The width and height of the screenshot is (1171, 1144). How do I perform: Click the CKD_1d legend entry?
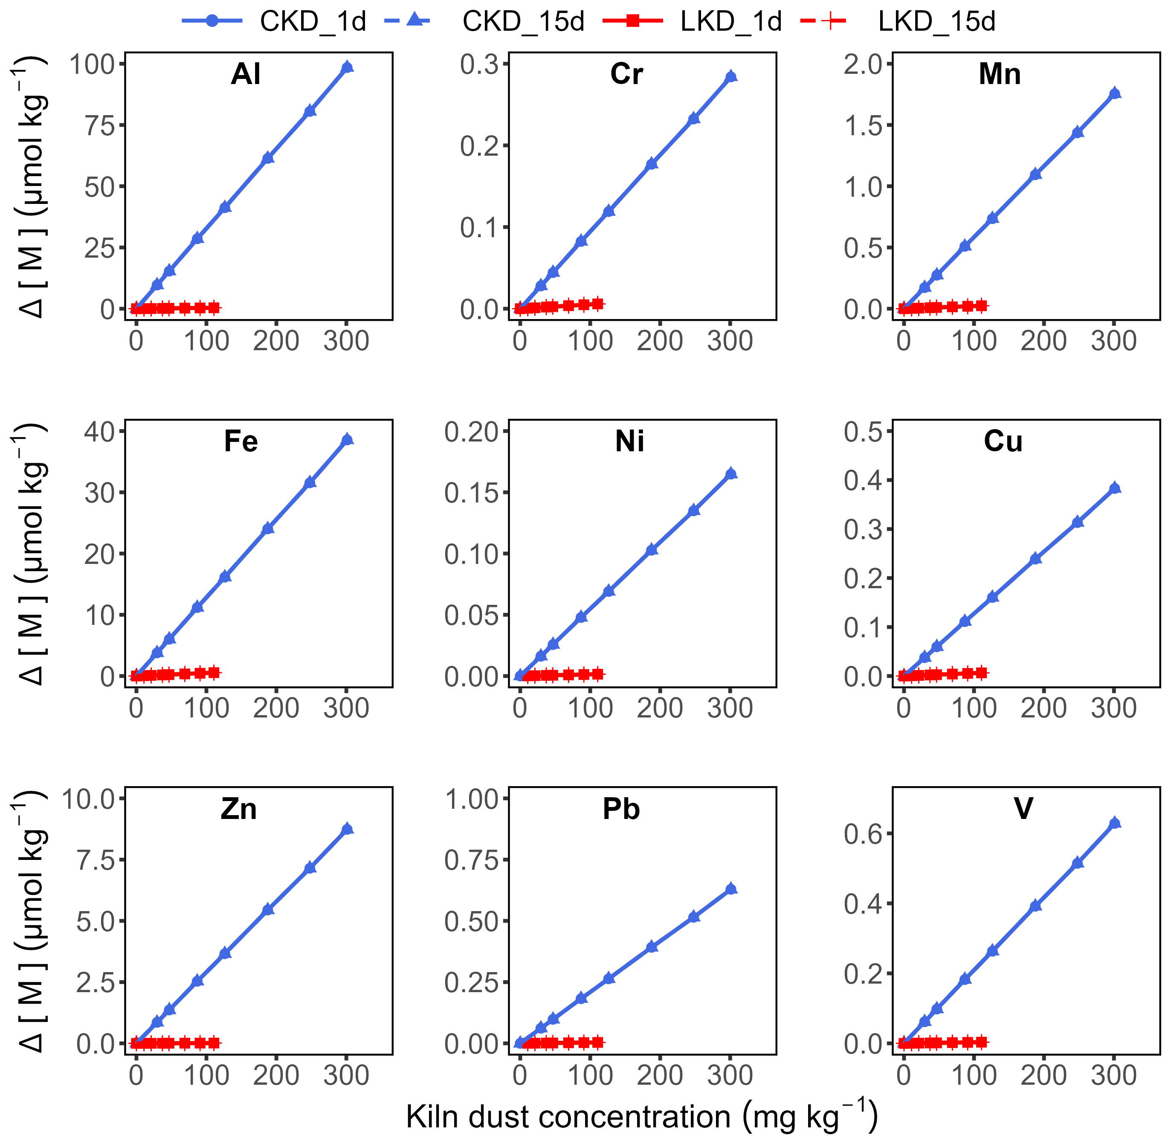[274, 22]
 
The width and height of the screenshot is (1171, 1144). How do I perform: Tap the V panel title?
[1023, 809]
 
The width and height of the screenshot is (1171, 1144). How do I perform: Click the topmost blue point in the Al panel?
[347, 67]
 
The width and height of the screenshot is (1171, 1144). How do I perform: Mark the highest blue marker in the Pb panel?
[730, 888]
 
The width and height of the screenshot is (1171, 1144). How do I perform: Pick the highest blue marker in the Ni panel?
[730, 473]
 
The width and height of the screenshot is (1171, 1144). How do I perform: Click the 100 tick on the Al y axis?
[93, 64]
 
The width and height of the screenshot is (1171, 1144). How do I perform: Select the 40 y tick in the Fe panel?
[100, 431]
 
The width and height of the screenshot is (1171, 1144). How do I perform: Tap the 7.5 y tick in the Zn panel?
[96, 860]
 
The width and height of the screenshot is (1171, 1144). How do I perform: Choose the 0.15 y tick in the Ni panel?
[472, 493]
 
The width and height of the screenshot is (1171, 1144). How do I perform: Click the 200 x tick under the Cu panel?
[1043, 708]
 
